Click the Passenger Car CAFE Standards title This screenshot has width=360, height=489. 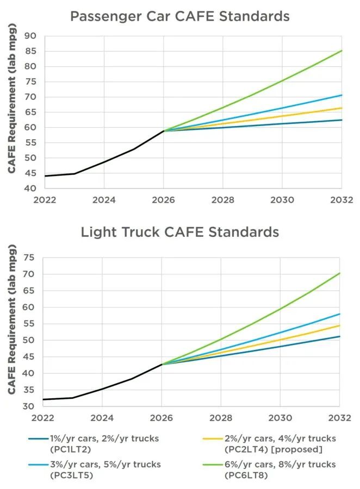179,16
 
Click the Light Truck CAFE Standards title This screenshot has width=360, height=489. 179,232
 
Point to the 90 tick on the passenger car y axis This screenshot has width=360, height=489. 29,36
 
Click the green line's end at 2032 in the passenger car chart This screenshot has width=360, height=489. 342,51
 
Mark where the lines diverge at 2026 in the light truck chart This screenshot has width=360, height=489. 162,364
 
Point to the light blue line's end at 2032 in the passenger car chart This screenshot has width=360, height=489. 342,95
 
